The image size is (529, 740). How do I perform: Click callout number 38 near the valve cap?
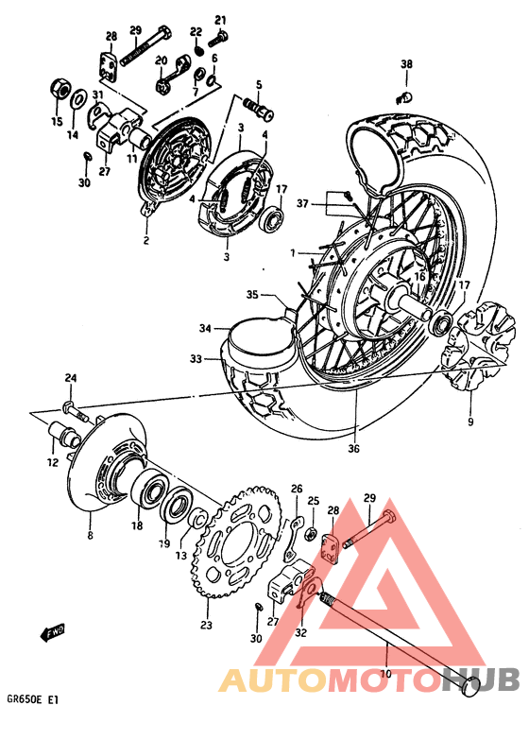tap(406, 64)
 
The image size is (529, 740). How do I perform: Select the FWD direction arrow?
tap(54, 631)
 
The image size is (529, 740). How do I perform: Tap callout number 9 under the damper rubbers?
tap(469, 421)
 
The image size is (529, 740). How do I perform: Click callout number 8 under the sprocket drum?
tap(90, 534)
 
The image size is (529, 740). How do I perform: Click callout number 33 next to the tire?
tap(196, 358)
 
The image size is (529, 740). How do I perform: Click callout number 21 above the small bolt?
tap(221, 19)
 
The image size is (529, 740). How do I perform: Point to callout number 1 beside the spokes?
tap(293, 252)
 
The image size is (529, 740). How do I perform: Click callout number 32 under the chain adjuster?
tap(301, 634)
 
